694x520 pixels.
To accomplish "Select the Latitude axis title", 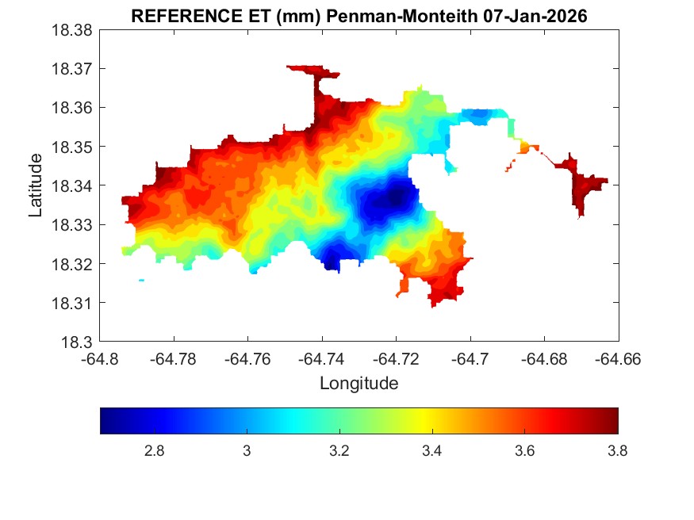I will pyautogui.click(x=36, y=186).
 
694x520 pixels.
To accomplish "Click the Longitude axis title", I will pyautogui.click(x=359, y=384).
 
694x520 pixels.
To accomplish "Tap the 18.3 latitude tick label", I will pyautogui.click(x=79, y=342).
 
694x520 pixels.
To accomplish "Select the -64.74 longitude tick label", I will pyautogui.click(x=322, y=359).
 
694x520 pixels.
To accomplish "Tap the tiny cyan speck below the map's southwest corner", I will pyautogui.click(x=141, y=280).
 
